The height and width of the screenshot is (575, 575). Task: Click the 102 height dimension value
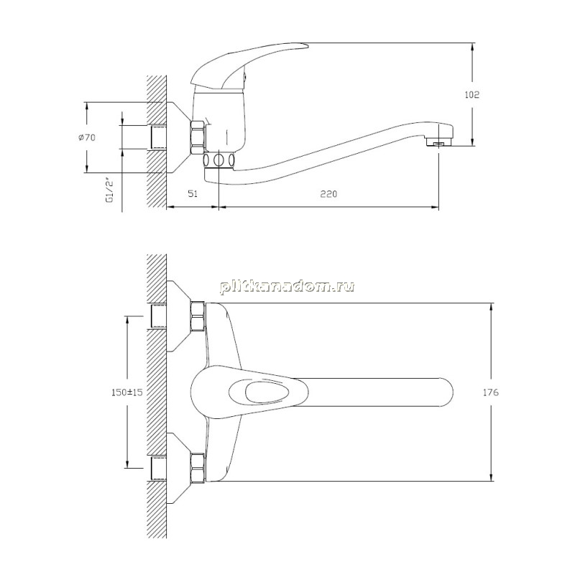click(472, 95)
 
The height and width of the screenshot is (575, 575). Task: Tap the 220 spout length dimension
click(328, 193)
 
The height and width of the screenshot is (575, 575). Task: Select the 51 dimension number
click(193, 193)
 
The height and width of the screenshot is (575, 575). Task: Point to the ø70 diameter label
click(86, 137)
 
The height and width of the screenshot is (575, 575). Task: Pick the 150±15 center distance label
click(127, 392)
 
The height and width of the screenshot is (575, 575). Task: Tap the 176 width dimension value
click(491, 392)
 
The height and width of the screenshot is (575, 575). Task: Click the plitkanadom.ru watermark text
click(287, 286)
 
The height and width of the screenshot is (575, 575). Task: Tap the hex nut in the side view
click(198, 137)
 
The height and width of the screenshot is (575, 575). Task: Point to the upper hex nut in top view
click(198, 316)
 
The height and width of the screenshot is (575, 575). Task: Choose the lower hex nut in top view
click(198, 468)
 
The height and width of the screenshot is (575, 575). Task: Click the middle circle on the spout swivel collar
click(219, 160)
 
